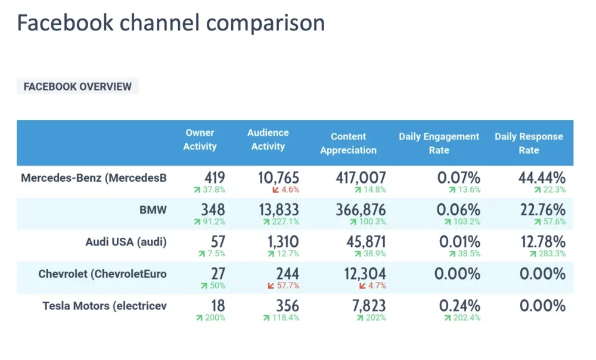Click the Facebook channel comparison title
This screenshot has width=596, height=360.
coord(170,23)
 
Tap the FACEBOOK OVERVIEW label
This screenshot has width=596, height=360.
coord(77,86)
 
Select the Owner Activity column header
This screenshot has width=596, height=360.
coord(200,139)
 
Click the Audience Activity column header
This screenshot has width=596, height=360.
coord(268,139)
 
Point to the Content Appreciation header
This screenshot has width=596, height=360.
coord(348,143)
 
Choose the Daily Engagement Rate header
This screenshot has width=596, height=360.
coord(439,143)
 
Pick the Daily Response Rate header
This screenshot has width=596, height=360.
coord(529,143)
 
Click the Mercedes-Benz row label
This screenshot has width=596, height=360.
coord(94,178)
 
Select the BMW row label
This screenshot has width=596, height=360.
coord(153,210)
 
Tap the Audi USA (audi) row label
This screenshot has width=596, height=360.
coord(126,242)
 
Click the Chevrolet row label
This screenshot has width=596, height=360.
coord(103,274)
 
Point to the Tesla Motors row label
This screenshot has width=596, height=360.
coord(104,306)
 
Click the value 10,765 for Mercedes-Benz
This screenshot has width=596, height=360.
coord(278,178)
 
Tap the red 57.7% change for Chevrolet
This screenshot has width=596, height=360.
coord(284,286)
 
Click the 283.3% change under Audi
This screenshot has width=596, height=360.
coord(548,254)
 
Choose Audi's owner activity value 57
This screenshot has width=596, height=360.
coord(218,242)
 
